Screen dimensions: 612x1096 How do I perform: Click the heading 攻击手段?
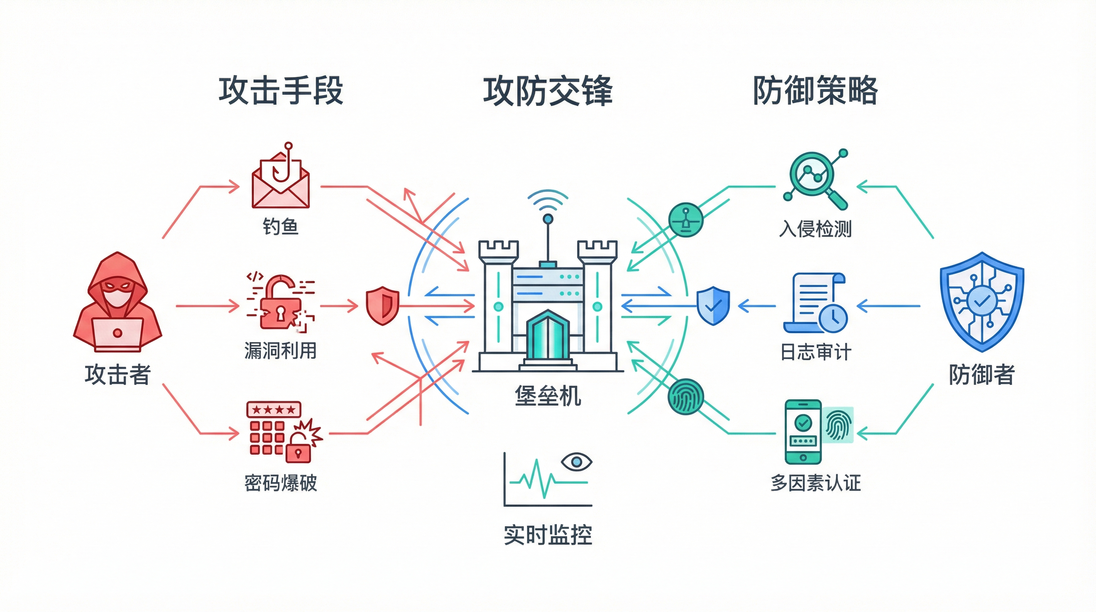point(281,91)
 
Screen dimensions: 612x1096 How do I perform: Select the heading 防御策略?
point(815,91)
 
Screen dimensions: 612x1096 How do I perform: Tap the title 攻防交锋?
point(548,91)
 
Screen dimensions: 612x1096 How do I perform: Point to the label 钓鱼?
point(280,226)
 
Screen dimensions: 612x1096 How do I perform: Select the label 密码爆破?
point(280,483)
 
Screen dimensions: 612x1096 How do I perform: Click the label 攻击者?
point(117,375)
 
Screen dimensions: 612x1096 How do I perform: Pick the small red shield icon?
point(382,305)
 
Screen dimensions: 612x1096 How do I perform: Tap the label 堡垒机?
point(548,396)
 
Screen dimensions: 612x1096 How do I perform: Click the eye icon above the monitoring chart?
point(576,462)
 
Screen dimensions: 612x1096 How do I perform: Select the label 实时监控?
point(548,535)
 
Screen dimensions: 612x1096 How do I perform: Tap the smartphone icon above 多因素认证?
point(803,431)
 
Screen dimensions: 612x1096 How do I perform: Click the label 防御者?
point(981,375)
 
